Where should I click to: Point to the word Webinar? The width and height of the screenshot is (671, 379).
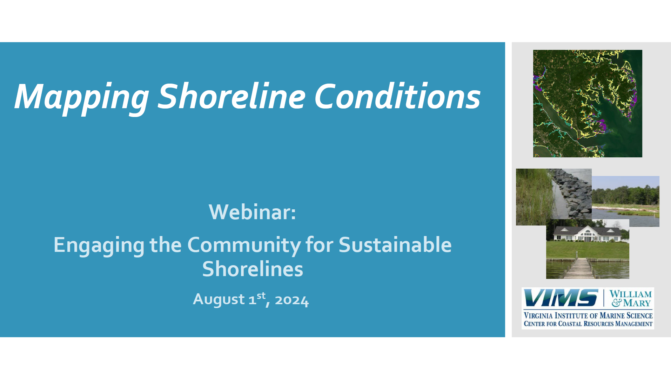click(252, 212)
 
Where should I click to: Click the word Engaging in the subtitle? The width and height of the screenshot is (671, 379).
click(99, 245)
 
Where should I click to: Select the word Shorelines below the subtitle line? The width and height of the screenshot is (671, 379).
click(253, 269)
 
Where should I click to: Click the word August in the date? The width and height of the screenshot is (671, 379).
click(219, 300)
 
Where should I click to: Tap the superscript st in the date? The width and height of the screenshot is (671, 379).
click(261, 296)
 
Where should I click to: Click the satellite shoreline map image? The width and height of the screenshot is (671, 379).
click(588, 103)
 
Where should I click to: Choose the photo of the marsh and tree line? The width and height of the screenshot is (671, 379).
click(626, 201)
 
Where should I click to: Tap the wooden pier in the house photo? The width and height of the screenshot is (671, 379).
click(579, 268)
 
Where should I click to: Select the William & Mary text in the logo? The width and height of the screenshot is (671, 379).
click(631, 299)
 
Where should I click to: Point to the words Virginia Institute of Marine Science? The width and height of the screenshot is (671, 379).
click(588, 315)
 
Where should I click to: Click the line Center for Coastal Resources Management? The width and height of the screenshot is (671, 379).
click(588, 324)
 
